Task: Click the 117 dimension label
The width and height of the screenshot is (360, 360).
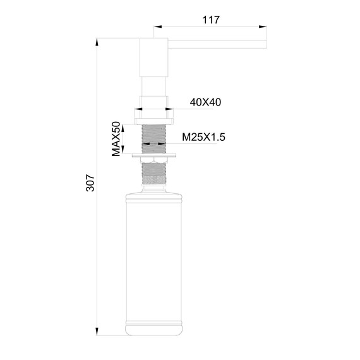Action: (x=210, y=20)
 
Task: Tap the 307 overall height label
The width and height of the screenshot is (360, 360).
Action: (x=90, y=183)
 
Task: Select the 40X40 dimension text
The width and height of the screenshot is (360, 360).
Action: (x=205, y=102)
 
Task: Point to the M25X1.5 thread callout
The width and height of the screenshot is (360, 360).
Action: (x=204, y=136)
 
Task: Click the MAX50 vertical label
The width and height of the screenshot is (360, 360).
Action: (x=116, y=139)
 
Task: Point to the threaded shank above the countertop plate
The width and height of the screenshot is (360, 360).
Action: (x=153, y=136)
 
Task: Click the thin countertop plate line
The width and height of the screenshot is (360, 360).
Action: (x=153, y=153)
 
